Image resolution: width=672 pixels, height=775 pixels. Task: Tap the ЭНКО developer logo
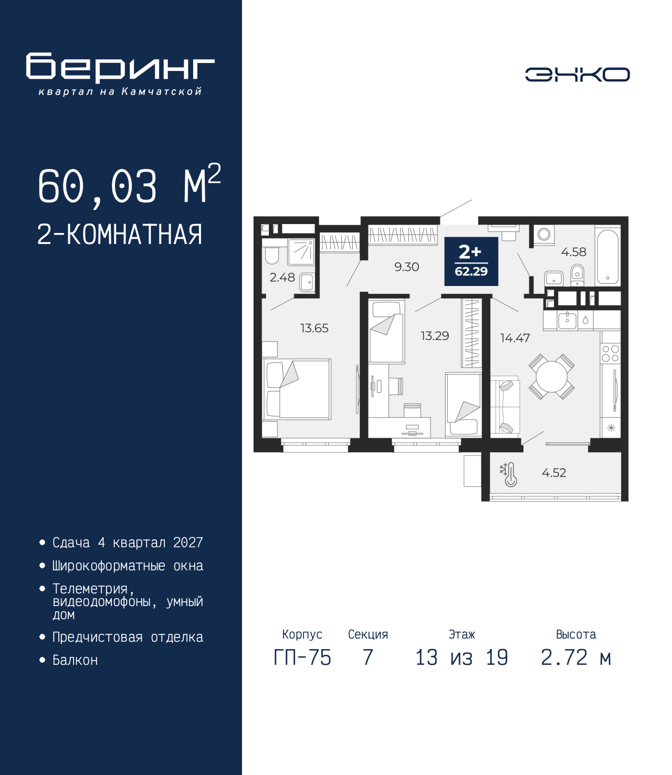[577, 74]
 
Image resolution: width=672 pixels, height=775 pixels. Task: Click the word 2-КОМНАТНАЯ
[120, 235]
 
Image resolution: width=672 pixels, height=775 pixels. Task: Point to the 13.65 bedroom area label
[314, 328]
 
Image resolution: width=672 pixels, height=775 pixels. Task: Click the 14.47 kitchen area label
[515, 338]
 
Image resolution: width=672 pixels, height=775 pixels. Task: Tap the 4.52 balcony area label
[554, 472]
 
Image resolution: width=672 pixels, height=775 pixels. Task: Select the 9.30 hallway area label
[407, 267]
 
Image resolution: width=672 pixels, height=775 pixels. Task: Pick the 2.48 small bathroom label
[282, 278]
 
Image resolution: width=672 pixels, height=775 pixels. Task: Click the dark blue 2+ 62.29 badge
[471, 261]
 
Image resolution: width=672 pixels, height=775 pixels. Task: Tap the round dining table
[552, 376]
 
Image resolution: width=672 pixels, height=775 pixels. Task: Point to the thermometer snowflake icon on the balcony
[508, 475]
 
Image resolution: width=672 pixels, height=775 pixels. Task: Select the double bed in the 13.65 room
[297, 389]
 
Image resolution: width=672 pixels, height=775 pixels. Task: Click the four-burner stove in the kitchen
[610, 354]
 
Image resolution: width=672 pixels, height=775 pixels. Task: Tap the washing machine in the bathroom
[544, 235]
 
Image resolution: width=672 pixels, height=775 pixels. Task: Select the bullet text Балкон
[75, 660]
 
